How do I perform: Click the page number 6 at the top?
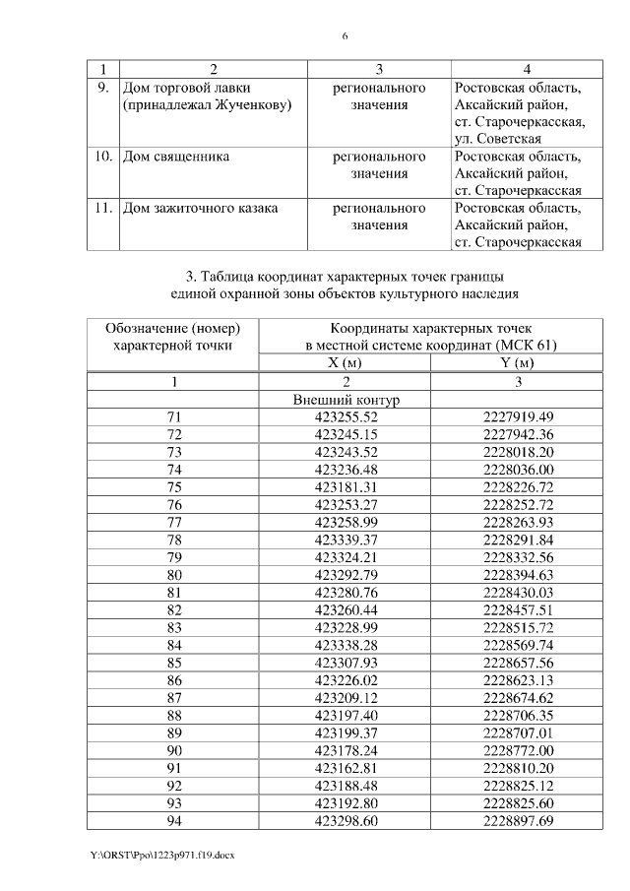(x=345, y=36)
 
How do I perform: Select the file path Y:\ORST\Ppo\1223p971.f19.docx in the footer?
(x=163, y=854)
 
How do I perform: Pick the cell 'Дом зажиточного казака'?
(x=200, y=208)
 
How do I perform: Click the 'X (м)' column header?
(x=346, y=363)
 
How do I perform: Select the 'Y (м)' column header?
(x=519, y=363)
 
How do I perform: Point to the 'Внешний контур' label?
(x=346, y=400)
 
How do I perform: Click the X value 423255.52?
(x=346, y=417)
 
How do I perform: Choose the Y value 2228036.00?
(x=519, y=470)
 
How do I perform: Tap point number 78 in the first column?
(x=174, y=540)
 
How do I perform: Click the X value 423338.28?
(x=346, y=644)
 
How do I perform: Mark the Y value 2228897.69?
(x=519, y=819)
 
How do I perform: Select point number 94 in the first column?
(x=174, y=819)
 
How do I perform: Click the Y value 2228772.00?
(x=519, y=749)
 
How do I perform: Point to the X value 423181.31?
(x=346, y=487)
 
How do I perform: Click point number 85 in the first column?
(x=174, y=662)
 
